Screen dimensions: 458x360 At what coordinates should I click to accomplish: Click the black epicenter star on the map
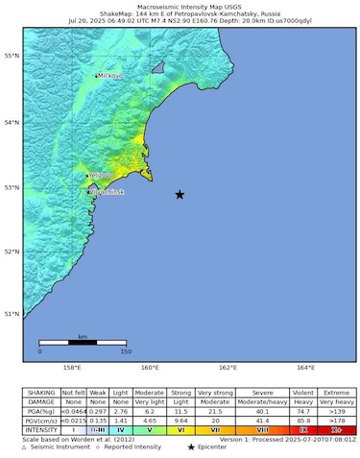tap(180, 195)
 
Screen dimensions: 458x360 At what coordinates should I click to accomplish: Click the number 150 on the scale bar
tap(125, 351)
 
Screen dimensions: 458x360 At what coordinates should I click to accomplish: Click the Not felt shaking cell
tap(74, 392)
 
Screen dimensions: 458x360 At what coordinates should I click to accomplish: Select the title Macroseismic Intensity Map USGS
tap(180, 6)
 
